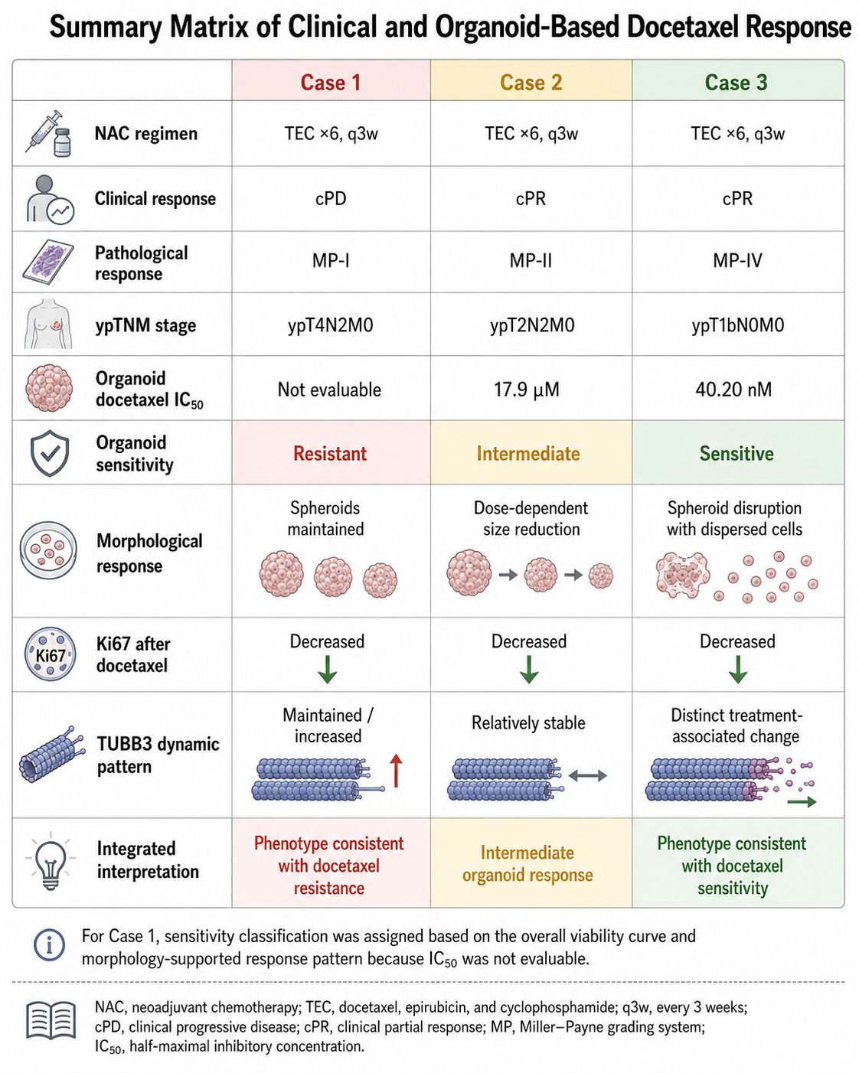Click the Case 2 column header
pyautogui.click(x=531, y=82)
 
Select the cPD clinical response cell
pyautogui.click(x=331, y=198)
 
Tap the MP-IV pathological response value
pyautogui.click(x=737, y=260)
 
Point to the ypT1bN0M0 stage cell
pyautogui.click(x=738, y=325)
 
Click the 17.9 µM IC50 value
pyautogui.click(x=526, y=390)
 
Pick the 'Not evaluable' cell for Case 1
pyautogui.click(x=329, y=390)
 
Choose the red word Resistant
pyautogui.click(x=330, y=453)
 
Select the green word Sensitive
pyautogui.click(x=737, y=453)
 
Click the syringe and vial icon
pyautogui.click(x=48, y=134)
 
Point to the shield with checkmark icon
pyautogui.click(x=50, y=453)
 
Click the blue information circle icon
pyautogui.click(x=49, y=945)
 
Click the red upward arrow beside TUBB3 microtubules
pyautogui.click(x=396, y=771)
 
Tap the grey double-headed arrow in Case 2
pyautogui.click(x=588, y=775)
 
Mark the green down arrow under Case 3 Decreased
pyautogui.click(x=738, y=669)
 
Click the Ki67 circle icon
pyautogui.click(x=51, y=654)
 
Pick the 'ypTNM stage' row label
pyautogui.click(x=145, y=325)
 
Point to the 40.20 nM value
pyautogui.click(x=733, y=390)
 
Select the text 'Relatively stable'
pyautogui.click(x=528, y=722)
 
